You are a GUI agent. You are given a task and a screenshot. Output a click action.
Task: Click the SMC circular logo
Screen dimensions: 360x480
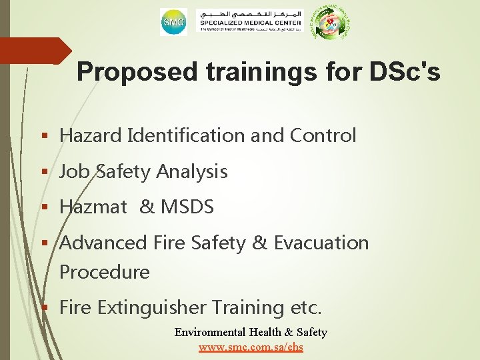[173, 23]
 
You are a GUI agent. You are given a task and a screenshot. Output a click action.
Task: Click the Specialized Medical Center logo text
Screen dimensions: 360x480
[250, 22]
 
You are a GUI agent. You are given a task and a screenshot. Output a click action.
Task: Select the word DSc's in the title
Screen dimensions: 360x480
[401, 72]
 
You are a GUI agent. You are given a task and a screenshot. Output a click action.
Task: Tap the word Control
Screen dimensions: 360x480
[323, 135]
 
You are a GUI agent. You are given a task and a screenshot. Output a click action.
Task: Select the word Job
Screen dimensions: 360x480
[74, 171]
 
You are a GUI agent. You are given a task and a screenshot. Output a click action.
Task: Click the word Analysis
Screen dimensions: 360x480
[193, 171]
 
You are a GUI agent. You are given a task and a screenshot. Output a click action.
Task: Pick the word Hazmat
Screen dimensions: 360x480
[93, 207]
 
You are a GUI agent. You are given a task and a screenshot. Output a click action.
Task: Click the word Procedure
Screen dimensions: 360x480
[105, 272]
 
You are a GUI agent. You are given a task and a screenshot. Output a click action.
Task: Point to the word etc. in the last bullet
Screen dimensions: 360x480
[306, 308]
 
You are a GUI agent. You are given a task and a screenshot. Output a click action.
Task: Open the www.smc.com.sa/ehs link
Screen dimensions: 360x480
[251, 347]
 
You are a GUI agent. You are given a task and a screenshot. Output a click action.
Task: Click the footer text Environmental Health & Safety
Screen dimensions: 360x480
[251, 332]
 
